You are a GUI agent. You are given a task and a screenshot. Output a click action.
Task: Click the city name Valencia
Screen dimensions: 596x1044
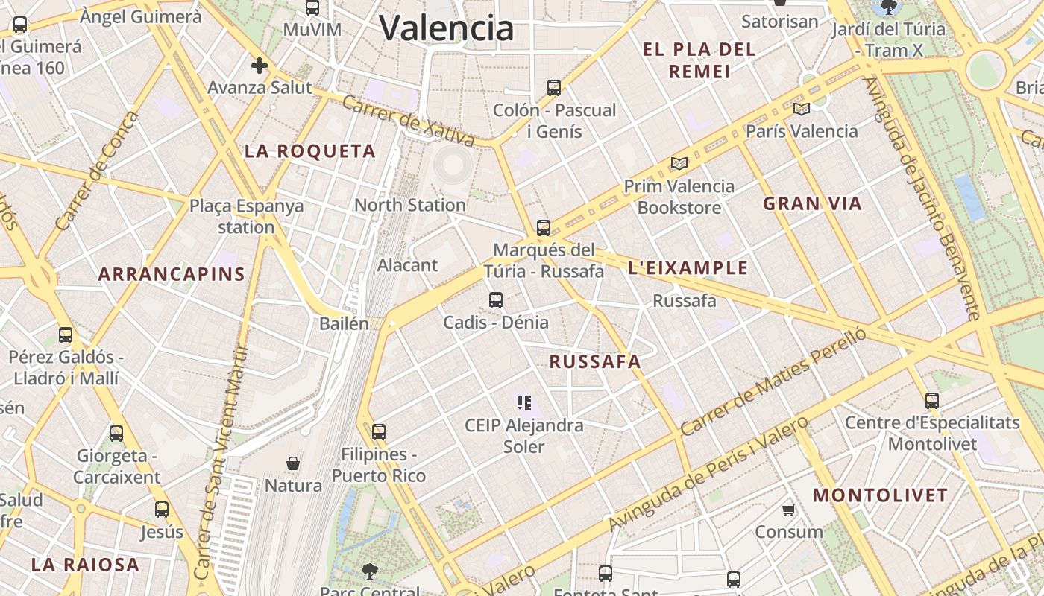pos(447,28)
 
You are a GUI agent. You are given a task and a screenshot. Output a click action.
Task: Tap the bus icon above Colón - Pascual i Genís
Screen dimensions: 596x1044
pos(553,88)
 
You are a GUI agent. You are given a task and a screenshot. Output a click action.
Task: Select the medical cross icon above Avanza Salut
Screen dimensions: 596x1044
pos(259,66)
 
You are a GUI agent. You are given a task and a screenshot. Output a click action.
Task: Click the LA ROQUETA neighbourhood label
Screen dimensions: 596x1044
pos(310,151)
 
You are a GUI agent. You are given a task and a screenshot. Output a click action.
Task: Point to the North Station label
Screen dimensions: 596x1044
pos(410,205)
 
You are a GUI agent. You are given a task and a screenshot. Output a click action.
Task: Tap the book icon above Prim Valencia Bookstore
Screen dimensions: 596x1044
pos(679,163)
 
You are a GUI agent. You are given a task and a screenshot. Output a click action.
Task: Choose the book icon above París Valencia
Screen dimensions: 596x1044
pos(802,109)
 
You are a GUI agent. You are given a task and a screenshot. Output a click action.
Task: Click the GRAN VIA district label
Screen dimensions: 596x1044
pos(812,203)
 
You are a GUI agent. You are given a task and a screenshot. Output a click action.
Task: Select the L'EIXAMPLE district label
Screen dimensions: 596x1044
pos(688,268)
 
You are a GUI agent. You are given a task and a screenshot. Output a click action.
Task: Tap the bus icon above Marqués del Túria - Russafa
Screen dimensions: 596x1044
pos(544,228)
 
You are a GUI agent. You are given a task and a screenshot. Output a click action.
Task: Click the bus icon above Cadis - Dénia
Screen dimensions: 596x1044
pos(496,300)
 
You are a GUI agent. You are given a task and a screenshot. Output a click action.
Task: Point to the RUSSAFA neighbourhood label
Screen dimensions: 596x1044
pos(595,362)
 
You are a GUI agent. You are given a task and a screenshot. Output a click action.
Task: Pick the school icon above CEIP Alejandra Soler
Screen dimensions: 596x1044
pos(524,403)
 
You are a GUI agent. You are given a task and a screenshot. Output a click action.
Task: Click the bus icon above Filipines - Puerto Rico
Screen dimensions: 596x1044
pos(379,432)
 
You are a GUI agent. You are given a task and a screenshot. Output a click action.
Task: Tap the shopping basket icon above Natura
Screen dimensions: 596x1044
pos(293,463)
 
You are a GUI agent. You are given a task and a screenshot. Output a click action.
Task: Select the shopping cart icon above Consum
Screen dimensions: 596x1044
pos(788,510)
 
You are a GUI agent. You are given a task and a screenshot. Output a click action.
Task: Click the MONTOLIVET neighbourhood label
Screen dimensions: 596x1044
pos(880,495)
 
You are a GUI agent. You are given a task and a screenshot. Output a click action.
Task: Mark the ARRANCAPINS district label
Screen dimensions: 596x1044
pos(172,274)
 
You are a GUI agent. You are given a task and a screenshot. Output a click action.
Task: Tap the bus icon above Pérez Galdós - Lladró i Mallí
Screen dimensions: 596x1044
pos(66,335)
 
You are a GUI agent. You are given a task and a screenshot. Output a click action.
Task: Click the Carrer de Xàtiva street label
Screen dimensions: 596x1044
pos(408,120)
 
